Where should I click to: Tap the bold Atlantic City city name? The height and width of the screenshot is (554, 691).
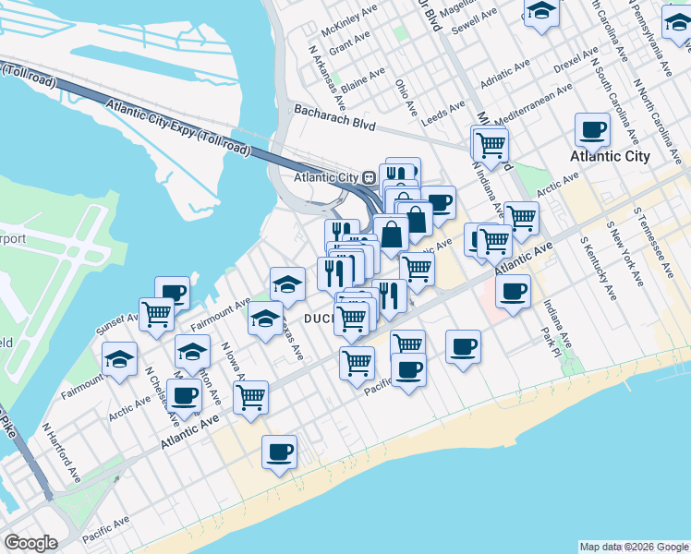point(610,156)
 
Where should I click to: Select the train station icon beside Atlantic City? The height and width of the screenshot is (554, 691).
point(368,177)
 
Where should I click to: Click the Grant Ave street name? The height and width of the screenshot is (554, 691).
point(348,42)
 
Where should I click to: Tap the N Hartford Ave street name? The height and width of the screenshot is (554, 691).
point(61,453)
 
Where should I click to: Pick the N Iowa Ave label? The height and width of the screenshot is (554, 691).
point(232,363)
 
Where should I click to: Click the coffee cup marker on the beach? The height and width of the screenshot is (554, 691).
point(279,452)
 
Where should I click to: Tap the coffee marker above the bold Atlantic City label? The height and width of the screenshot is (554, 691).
point(591,130)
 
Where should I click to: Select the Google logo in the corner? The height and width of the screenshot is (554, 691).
point(30,543)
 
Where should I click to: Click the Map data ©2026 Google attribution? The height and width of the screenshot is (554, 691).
point(634,547)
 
